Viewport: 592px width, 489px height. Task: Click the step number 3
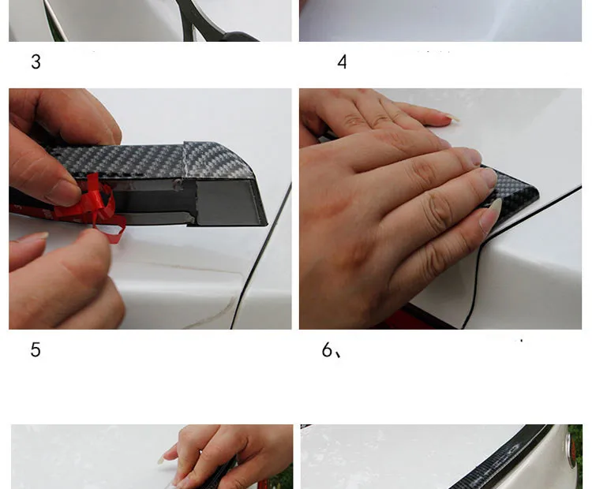point(36,62)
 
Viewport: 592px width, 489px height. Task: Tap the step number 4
point(342,62)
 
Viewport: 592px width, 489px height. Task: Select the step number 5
point(36,349)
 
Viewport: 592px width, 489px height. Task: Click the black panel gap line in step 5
point(260,256)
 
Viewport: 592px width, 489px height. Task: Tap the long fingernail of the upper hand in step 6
point(452,119)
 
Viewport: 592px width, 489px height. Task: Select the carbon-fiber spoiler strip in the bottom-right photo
point(502,458)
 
